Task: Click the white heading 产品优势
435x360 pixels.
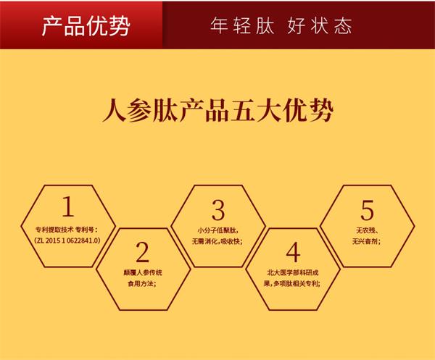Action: [86, 26]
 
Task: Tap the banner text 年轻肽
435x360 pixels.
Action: [242, 26]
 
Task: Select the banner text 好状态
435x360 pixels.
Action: [320, 26]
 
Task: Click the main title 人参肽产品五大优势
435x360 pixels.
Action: [218, 111]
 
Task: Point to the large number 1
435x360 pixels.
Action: [68, 206]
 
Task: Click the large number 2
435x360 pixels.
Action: [143, 252]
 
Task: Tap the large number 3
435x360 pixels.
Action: [218, 210]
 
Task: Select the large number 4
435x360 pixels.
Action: [293, 252]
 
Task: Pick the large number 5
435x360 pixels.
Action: [368, 210]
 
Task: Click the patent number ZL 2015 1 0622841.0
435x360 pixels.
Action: [67, 240]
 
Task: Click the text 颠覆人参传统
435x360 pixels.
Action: [143, 272]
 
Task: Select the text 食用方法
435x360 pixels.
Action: [141, 283]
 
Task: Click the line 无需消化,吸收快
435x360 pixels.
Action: [217, 241]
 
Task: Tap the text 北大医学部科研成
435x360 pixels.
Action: [293, 272]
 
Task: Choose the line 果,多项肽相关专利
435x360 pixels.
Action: [292, 283]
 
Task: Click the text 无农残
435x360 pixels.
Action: [365, 230]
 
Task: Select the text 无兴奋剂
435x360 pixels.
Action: [365, 241]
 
